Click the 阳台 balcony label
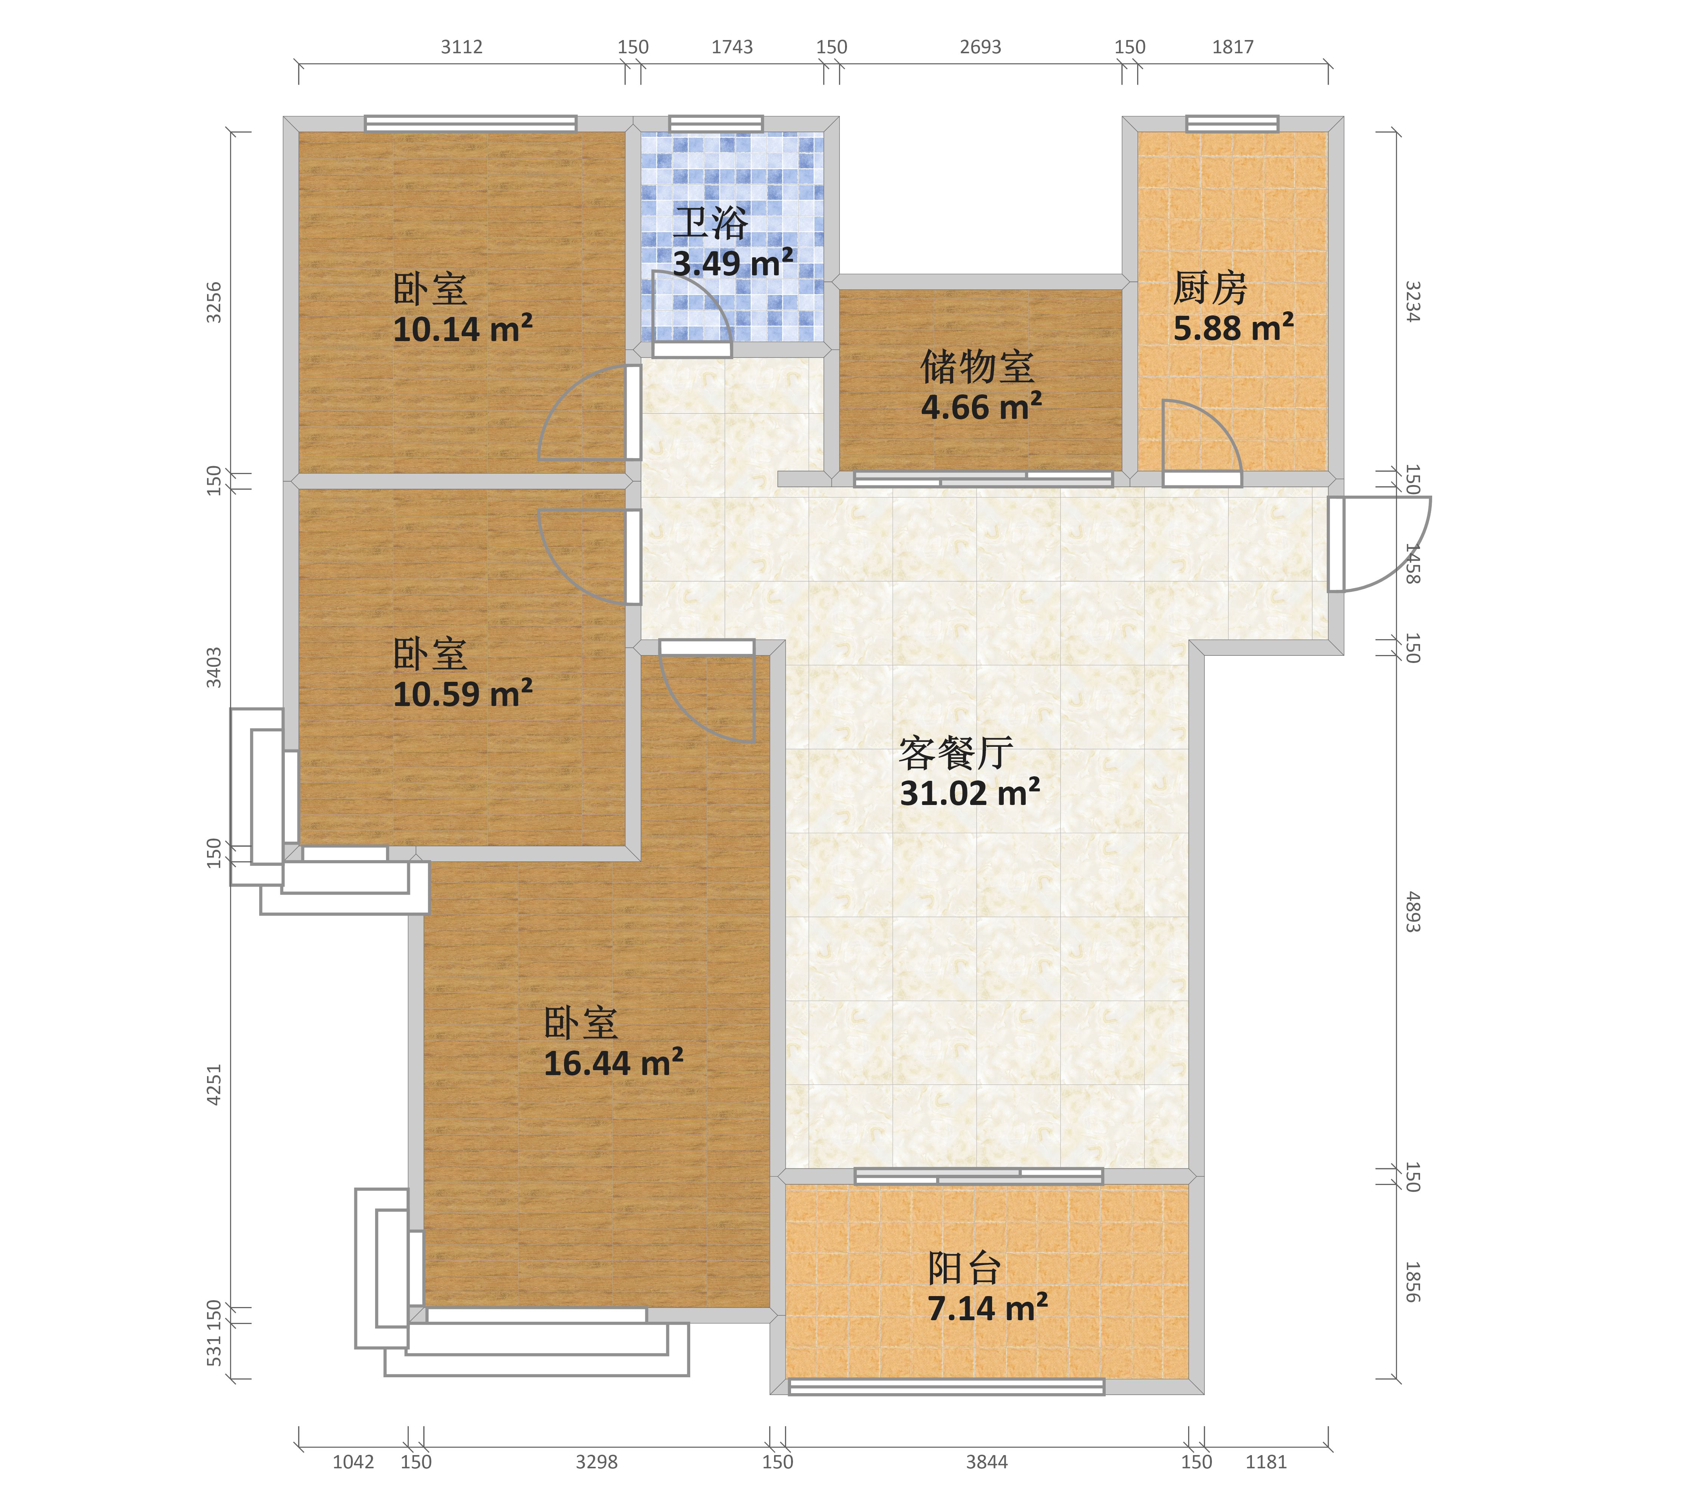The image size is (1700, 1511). click(x=965, y=1268)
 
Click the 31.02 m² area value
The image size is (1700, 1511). click(x=970, y=793)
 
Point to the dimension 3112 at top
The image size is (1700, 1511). click(x=462, y=46)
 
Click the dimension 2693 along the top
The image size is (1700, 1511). click(x=981, y=46)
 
